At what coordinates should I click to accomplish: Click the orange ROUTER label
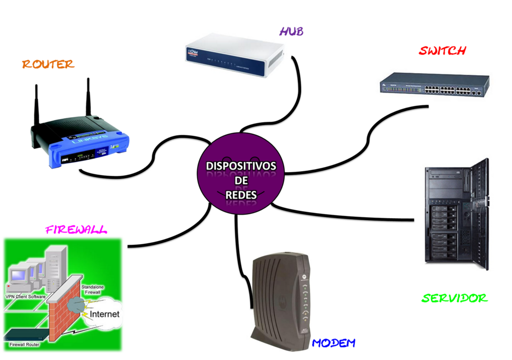(x=48, y=64)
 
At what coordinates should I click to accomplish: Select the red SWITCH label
(x=442, y=51)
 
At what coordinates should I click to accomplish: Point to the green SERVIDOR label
(x=455, y=298)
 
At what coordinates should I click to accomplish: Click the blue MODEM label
(x=333, y=343)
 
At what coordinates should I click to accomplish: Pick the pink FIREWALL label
(x=76, y=229)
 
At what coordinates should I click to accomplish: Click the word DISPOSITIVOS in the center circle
(x=241, y=166)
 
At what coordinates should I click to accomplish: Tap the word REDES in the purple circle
(x=241, y=195)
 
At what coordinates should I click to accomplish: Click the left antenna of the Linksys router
(x=36, y=105)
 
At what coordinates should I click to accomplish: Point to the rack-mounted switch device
(x=434, y=84)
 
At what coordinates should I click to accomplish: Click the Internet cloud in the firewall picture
(x=104, y=313)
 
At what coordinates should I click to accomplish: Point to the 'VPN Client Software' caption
(x=26, y=297)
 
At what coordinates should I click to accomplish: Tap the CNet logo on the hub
(x=193, y=52)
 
